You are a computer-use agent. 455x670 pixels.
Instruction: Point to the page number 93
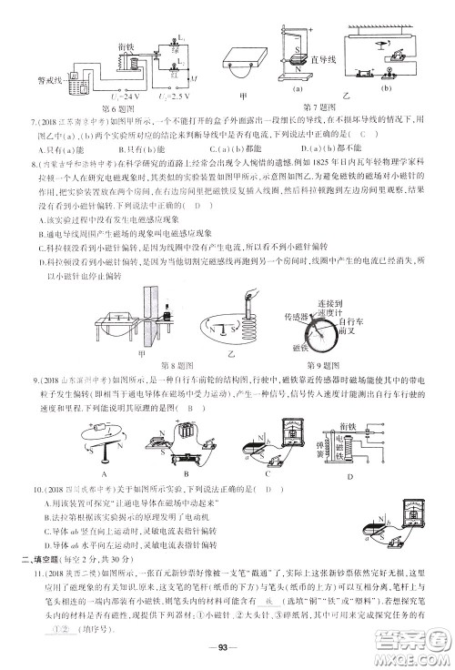(x=226, y=648)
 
